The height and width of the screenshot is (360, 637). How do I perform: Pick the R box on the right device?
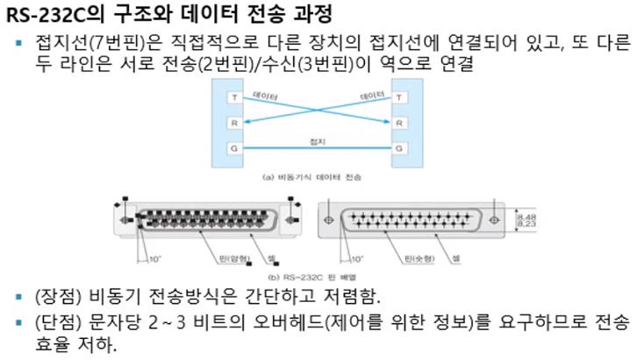pos(400,123)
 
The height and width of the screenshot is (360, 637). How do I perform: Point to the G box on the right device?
pos(400,148)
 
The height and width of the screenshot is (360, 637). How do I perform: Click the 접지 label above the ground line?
pos(317,140)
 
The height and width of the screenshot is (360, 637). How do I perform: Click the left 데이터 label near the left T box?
pos(264,93)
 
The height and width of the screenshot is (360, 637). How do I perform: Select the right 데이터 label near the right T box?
pos(372,93)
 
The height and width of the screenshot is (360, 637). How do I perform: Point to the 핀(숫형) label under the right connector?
pos(418,261)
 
